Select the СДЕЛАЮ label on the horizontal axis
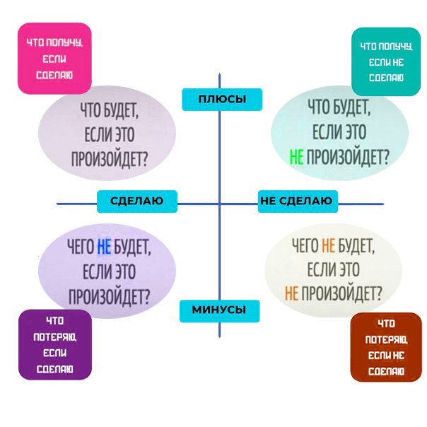point(136,201)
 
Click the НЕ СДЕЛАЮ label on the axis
point(296,201)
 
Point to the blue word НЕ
point(104,247)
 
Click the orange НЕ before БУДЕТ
point(328,246)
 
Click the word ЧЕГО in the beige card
point(305,246)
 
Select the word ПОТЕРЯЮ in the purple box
point(54,337)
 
